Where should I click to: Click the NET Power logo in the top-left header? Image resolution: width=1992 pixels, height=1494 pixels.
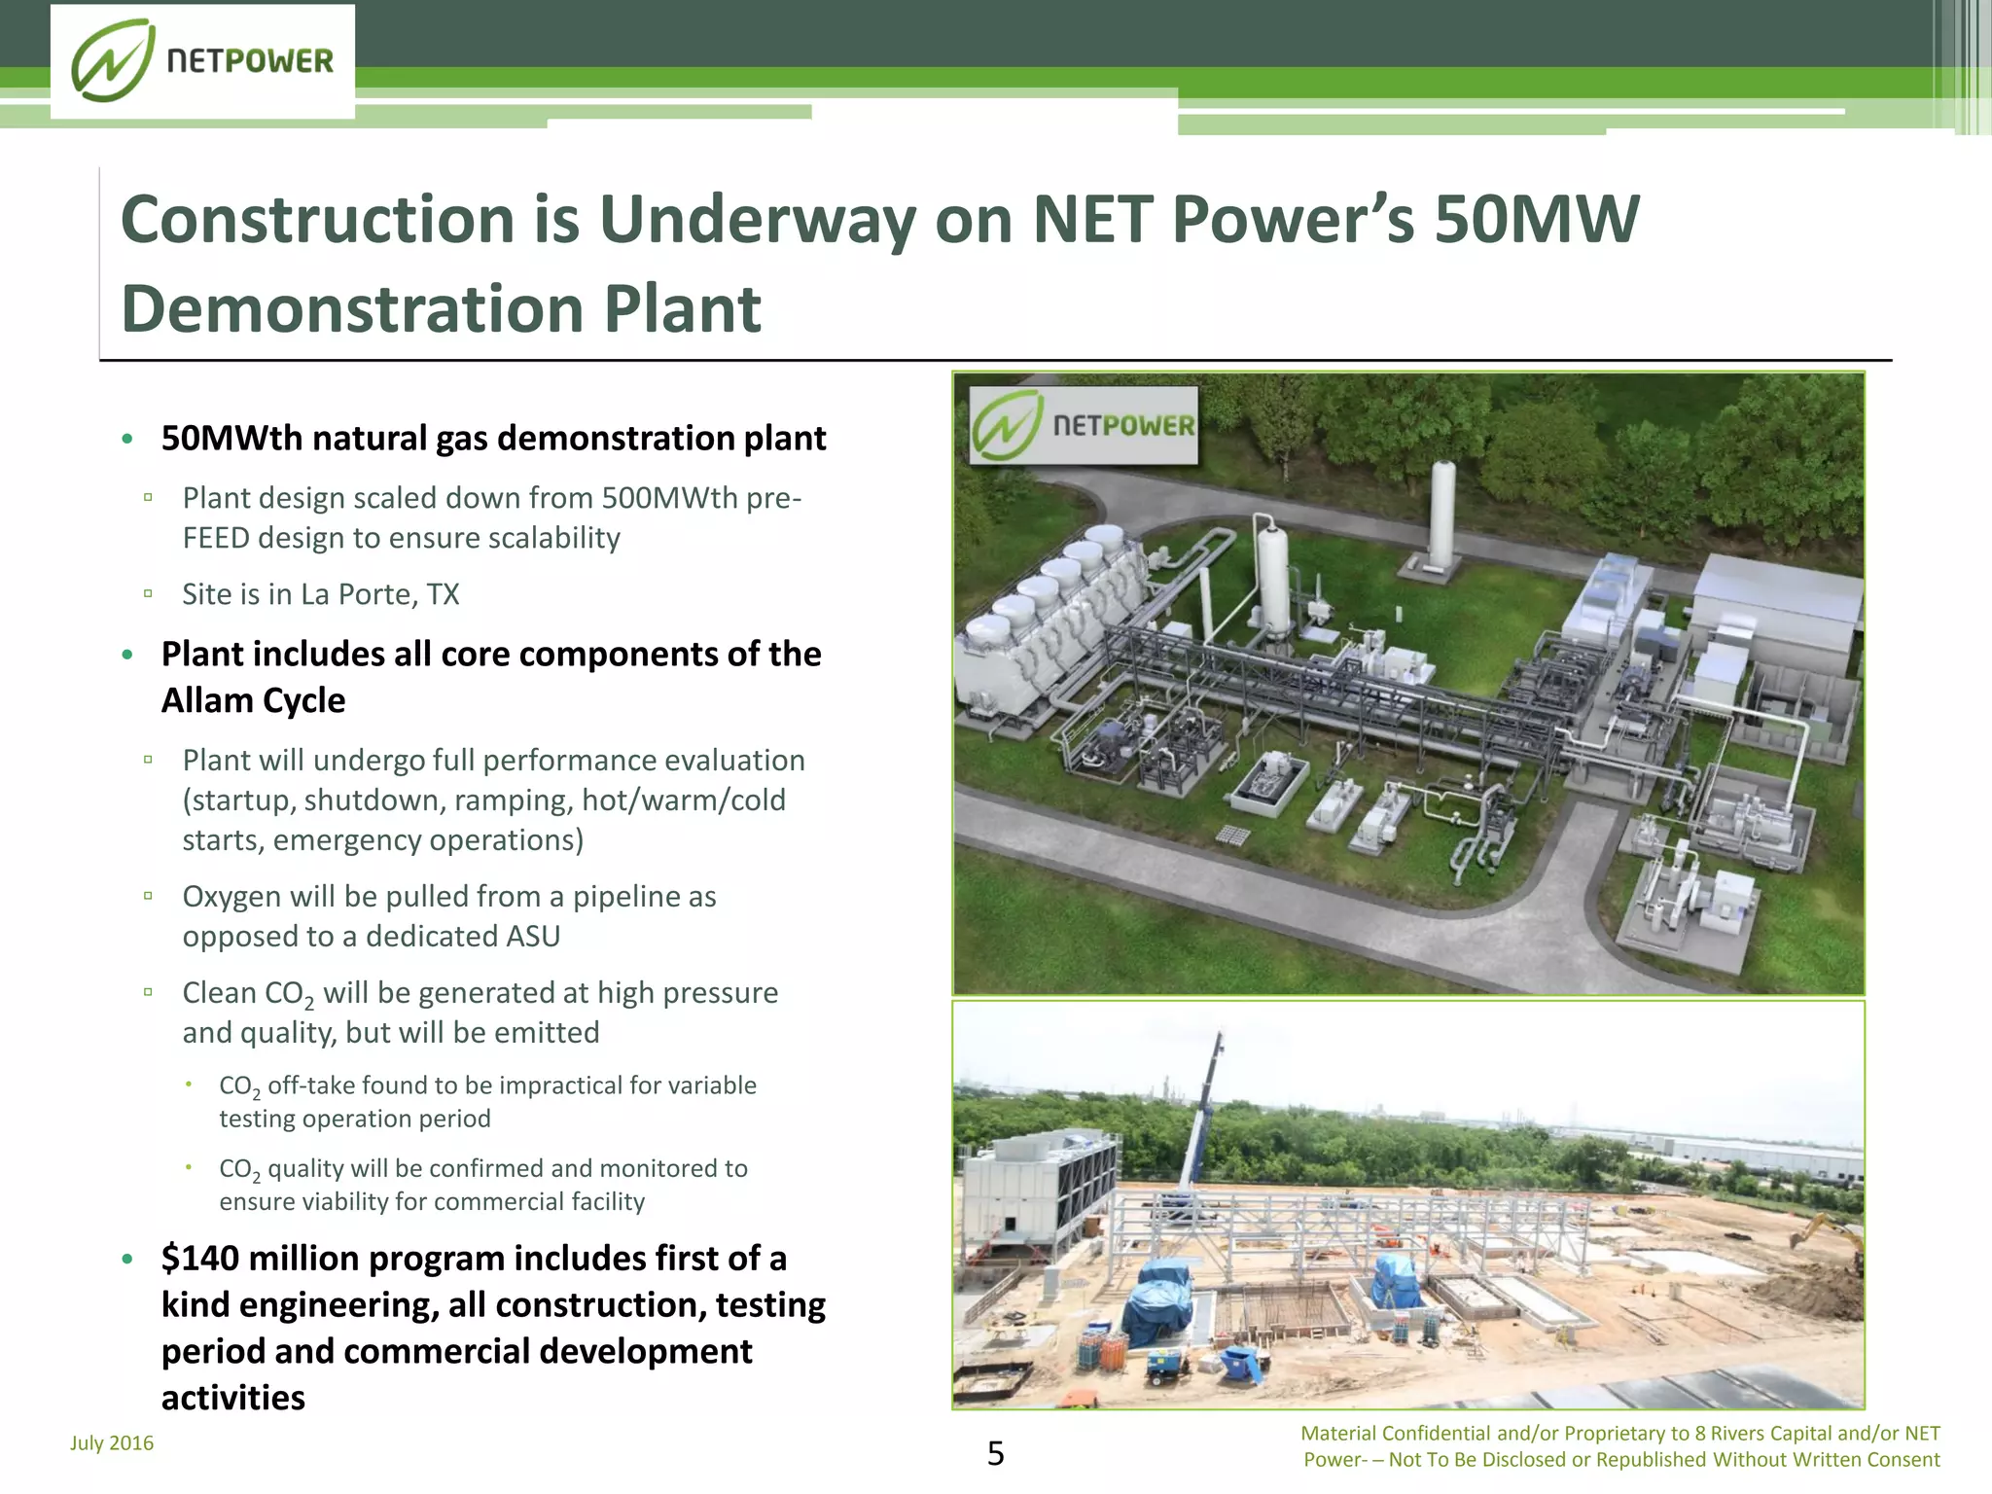point(202,61)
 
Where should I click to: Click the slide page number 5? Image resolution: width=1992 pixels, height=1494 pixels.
point(995,1453)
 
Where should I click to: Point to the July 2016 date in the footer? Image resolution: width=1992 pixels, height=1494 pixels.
point(112,1442)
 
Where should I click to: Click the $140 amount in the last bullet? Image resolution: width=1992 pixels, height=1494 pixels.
point(198,1258)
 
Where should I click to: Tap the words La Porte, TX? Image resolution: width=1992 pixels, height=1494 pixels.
point(379,594)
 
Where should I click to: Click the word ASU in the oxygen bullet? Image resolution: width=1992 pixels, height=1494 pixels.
point(533,936)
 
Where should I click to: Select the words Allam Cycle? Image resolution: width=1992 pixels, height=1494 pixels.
point(253,700)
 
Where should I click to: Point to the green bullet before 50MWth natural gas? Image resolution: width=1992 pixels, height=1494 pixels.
point(127,440)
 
